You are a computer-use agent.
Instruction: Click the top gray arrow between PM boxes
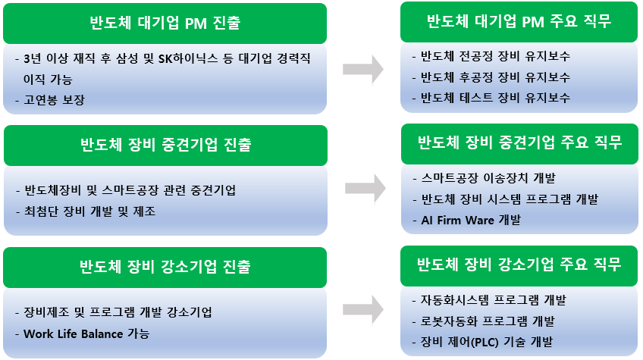click(362, 69)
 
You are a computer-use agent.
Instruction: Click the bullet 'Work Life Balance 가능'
click(86, 333)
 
